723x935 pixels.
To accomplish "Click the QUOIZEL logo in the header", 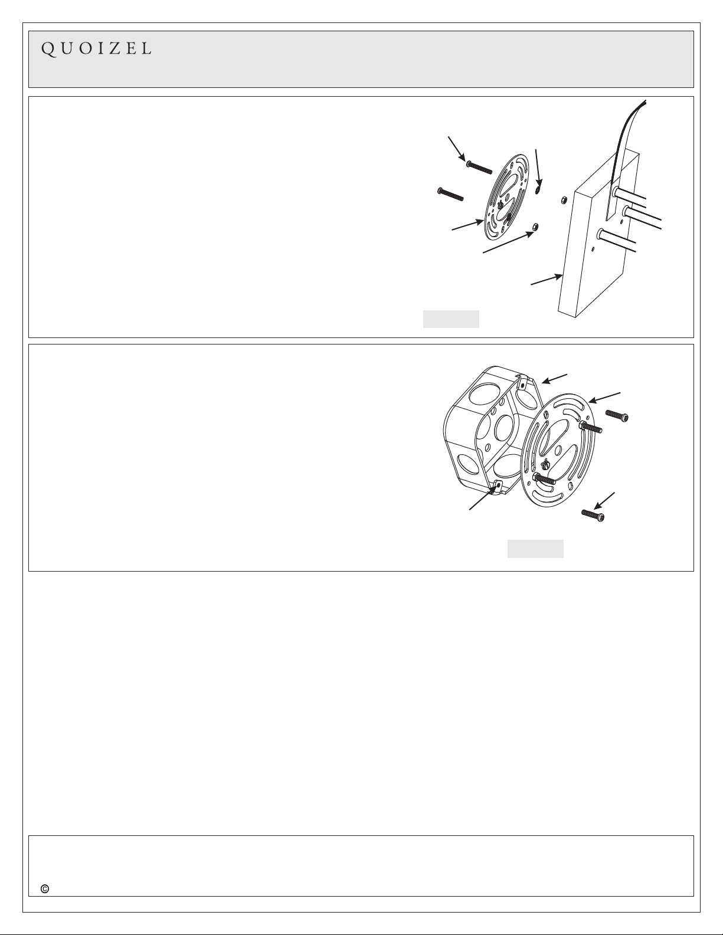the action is coord(96,49).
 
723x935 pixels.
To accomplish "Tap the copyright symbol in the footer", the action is coord(45,889).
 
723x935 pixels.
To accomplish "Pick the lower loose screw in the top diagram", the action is coord(450,194).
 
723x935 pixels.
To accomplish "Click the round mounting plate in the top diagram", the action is coord(508,198).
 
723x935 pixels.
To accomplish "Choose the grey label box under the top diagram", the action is coord(451,319).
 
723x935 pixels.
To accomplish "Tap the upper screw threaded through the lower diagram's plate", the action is coord(590,427).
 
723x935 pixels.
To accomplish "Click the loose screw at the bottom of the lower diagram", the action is coord(593,514).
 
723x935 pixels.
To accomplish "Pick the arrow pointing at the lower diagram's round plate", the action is coord(604,398).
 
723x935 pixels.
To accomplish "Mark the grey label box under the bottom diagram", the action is coord(535,549).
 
